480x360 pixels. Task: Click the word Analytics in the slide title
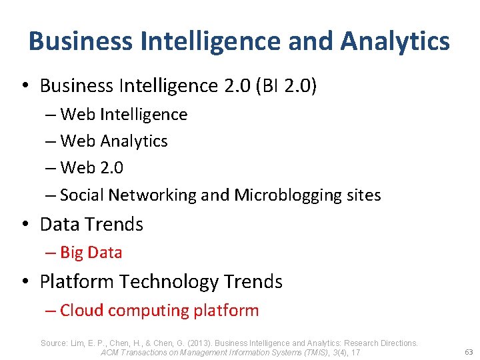395,41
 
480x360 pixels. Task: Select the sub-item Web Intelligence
123,115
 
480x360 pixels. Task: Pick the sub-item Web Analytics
113,141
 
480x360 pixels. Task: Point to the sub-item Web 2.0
91,168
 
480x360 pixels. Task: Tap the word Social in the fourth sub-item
82,195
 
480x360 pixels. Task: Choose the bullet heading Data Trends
91,225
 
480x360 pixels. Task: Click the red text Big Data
91,253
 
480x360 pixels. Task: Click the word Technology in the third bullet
161,282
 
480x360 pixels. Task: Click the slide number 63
468,351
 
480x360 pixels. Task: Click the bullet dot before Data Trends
23,225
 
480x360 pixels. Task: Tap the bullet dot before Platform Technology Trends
23,283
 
